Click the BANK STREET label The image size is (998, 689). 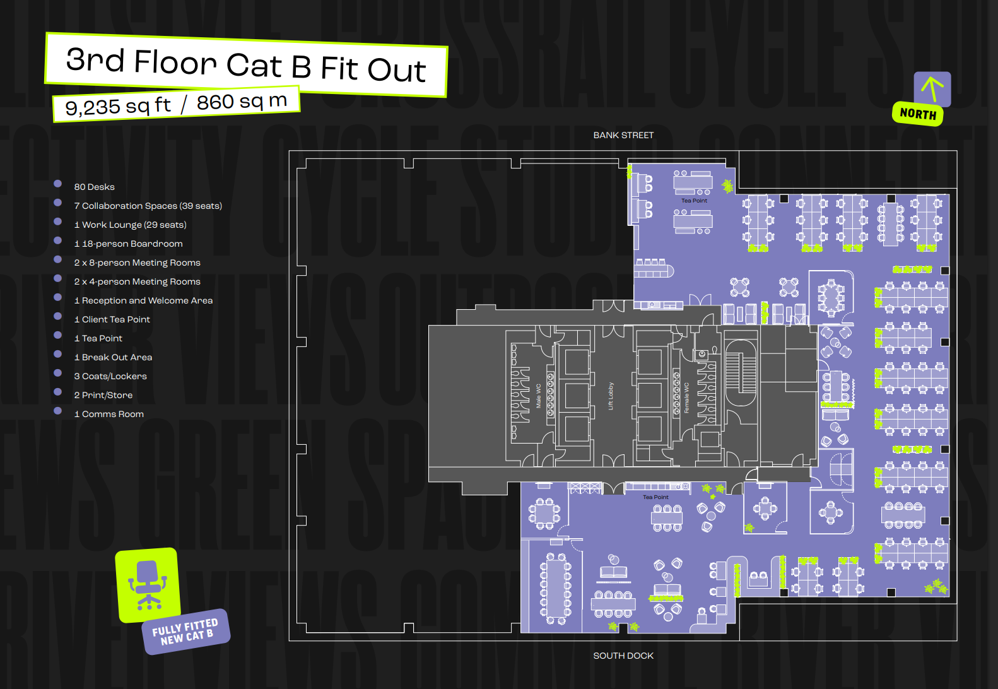click(623, 135)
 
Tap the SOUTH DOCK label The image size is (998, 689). click(623, 656)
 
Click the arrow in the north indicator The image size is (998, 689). click(932, 88)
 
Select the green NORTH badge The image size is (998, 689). click(918, 114)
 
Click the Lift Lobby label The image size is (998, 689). click(611, 396)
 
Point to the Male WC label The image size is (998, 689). click(539, 396)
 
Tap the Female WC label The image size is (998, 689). click(687, 398)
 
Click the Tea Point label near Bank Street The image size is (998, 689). click(694, 201)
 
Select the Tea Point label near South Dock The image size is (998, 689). click(655, 497)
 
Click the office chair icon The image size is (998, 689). click(148, 584)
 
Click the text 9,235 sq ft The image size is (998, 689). click(118, 106)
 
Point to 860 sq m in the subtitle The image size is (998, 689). click(242, 101)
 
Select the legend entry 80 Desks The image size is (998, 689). click(95, 187)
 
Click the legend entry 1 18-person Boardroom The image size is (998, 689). click(129, 244)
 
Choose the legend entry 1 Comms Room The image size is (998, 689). click(109, 414)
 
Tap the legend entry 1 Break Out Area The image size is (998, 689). click(114, 357)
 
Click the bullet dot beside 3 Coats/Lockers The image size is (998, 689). click(58, 373)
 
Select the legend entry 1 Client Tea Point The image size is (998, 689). click(112, 319)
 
